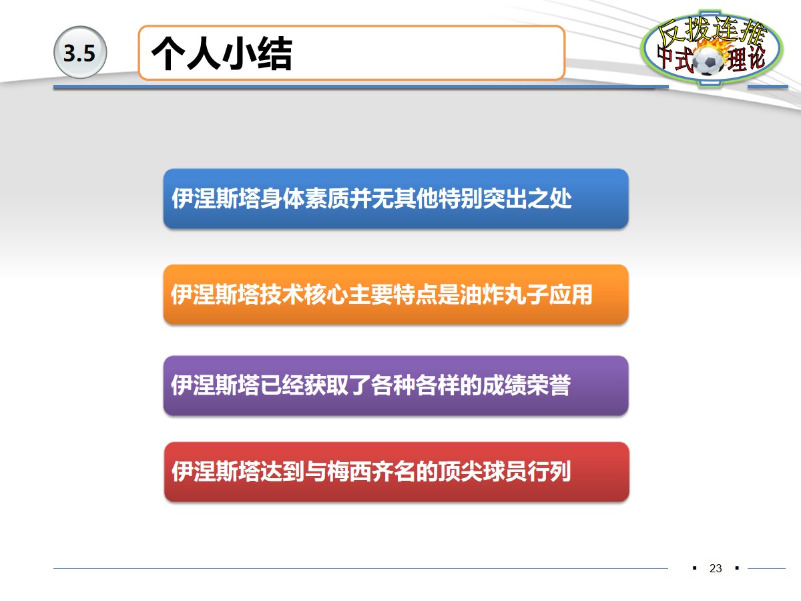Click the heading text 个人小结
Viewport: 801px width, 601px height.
click(222, 54)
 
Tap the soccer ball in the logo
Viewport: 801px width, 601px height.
click(708, 62)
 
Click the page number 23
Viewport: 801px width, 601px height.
click(716, 569)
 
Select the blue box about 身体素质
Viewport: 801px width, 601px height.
click(396, 199)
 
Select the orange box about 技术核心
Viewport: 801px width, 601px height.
click(396, 294)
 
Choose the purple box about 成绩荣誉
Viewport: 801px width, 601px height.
click(396, 385)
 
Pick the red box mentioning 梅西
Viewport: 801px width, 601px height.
click(396, 472)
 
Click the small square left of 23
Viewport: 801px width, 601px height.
click(694, 568)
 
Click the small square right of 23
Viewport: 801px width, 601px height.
click(737, 568)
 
